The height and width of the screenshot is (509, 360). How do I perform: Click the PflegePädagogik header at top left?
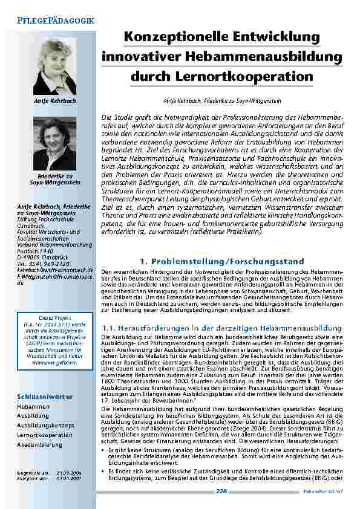click(51, 21)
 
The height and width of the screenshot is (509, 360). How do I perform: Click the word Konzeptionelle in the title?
click(169, 37)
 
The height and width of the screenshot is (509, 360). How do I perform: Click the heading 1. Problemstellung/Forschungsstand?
click(220, 261)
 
